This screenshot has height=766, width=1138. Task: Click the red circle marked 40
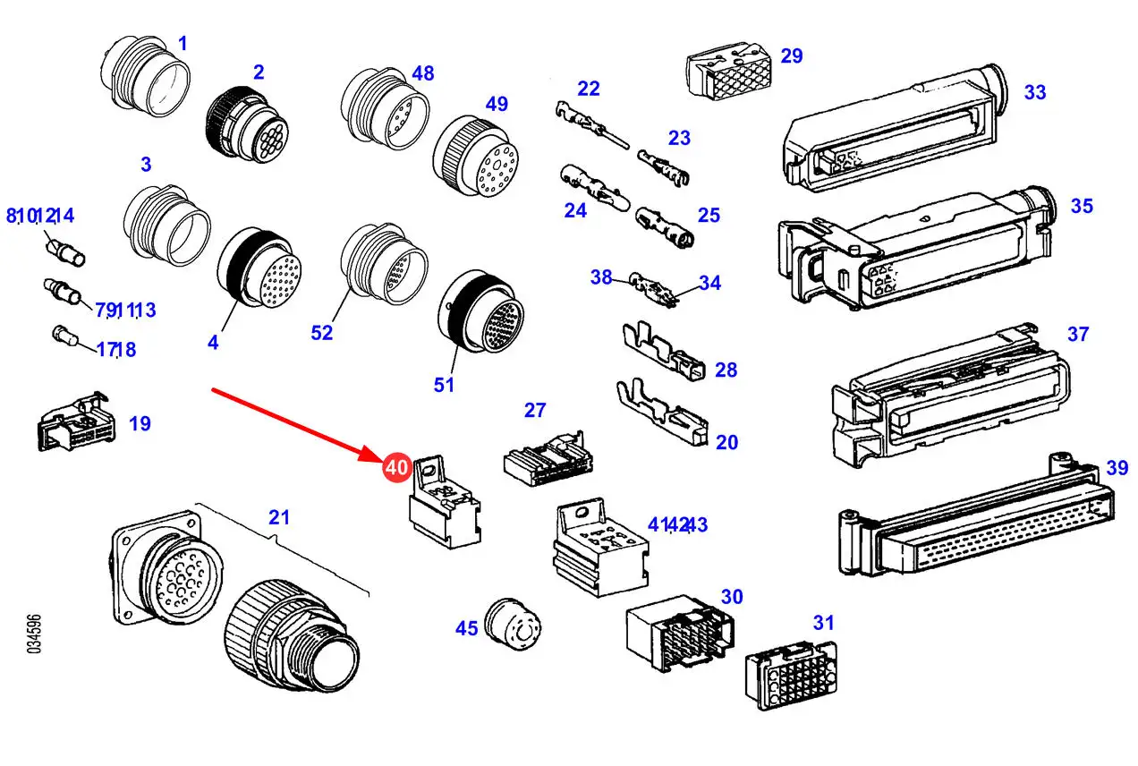(x=396, y=467)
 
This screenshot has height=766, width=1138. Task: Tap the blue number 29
(x=792, y=55)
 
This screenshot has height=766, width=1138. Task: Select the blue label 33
(x=1035, y=92)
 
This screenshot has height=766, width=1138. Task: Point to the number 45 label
(x=466, y=629)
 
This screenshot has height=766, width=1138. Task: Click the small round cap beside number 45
(x=512, y=624)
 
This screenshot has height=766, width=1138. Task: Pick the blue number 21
(x=279, y=517)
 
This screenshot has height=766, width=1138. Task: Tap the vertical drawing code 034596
(x=34, y=634)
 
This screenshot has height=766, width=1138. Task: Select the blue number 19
(x=140, y=423)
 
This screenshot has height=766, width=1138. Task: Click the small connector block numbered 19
(x=76, y=421)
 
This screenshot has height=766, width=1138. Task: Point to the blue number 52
(x=321, y=333)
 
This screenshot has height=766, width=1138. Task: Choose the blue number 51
(x=444, y=385)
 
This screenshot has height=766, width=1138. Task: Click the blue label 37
(x=1078, y=335)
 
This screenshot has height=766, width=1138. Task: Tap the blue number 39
(x=1117, y=468)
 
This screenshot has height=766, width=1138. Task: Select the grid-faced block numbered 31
(x=791, y=675)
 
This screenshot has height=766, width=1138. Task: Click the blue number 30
(x=732, y=597)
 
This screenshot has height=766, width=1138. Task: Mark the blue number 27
(x=535, y=410)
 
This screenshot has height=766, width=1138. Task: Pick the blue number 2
(x=259, y=72)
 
